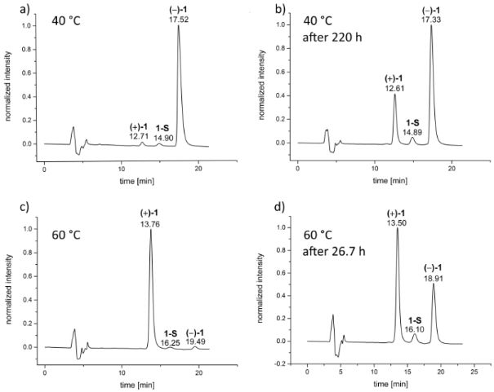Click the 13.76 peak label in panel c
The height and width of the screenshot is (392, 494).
150,222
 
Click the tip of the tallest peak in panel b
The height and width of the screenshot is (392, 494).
431,24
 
